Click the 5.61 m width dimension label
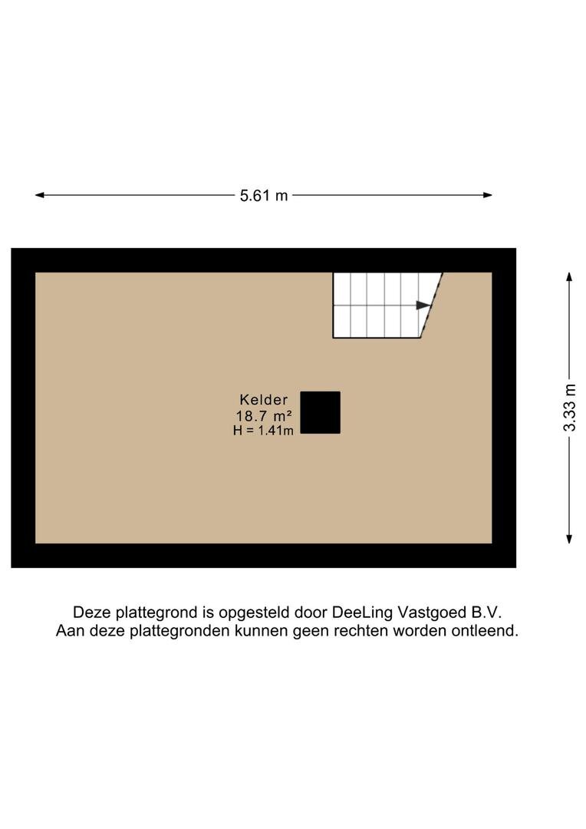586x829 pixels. tap(264, 196)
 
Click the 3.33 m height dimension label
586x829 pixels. tap(569, 408)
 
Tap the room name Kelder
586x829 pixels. tap(264, 400)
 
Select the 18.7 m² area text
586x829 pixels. tap(264, 415)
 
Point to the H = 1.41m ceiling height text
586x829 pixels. tap(263, 431)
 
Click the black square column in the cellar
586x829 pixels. tap(320, 412)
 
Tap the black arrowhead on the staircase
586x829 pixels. tap(423, 305)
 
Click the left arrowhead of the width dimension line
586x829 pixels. tap(40, 195)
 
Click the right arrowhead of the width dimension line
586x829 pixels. tap(488, 195)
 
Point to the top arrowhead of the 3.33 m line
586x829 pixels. tap(569, 277)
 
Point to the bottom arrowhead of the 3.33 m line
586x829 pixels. tap(569, 538)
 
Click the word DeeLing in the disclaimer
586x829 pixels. tap(362, 613)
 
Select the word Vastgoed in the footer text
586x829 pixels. tap(430, 613)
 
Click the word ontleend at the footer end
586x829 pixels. tap(485, 631)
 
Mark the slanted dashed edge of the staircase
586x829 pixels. tap(431, 305)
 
